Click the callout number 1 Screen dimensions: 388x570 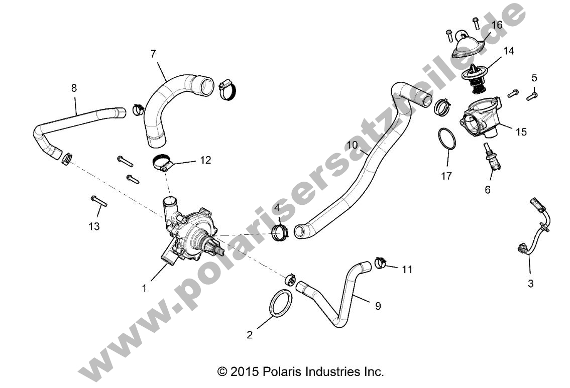tap(144, 288)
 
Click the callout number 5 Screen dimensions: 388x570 tap(534, 77)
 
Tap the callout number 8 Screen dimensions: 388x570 tap(74, 88)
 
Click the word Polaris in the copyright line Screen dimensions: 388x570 tap(282, 372)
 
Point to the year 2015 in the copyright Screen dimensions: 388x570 tap(245, 372)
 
